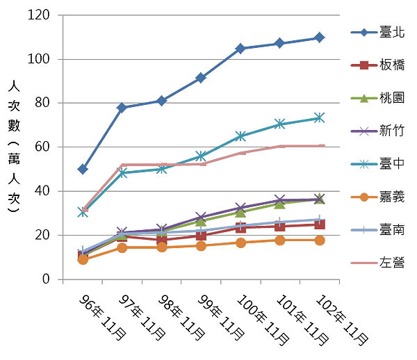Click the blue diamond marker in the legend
(363, 32)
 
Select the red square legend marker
(363, 65)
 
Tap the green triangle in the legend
(363, 98)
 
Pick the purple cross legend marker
(363, 131)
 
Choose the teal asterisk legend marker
(363, 164)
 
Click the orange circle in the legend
(363, 197)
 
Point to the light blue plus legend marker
(363, 229)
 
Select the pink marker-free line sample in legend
(363, 263)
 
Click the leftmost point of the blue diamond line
(83, 169)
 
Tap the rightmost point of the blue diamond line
(319, 37)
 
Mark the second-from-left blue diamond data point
(122, 108)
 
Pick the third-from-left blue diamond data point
(161, 101)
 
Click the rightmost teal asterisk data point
(319, 117)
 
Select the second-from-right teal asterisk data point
(279, 124)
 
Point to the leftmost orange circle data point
(83, 261)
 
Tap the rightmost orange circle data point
(319, 240)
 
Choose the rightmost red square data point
(319, 225)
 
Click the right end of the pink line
(323, 145)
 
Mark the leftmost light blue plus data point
(83, 250)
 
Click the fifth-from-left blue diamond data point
(240, 48)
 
